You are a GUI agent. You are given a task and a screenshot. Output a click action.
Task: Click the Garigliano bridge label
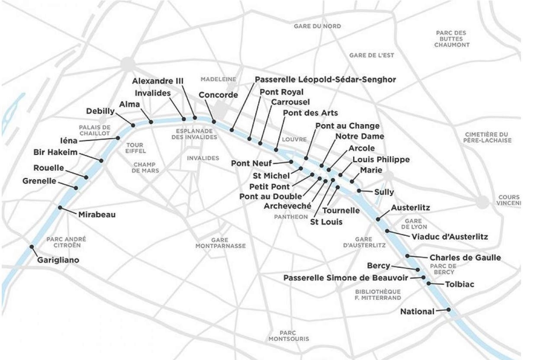(x=58, y=260)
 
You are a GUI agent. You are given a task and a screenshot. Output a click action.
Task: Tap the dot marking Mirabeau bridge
(x=60, y=208)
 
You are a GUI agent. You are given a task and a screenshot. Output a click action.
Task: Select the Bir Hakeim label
(x=55, y=152)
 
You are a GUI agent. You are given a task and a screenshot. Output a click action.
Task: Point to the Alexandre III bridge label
(x=158, y=81)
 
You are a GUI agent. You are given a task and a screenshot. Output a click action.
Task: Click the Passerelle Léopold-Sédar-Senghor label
(x=325, y=80)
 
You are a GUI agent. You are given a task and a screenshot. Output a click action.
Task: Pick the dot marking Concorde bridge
(x=214, y=122)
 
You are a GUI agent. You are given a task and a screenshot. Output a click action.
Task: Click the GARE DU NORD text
(x=317, y=26)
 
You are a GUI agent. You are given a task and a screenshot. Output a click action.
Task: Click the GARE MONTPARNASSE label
(x=220, y=243)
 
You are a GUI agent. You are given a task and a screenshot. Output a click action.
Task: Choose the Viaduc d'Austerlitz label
(x=449, y=237)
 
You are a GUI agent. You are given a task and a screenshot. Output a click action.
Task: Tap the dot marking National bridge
(x=449, y=310)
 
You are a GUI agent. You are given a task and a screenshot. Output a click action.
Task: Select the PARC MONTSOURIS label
(x=289, y=336)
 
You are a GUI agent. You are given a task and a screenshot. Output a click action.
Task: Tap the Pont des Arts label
(x=304, y=113)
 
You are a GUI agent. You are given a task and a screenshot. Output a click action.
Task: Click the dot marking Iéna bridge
(x=117, y=138)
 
